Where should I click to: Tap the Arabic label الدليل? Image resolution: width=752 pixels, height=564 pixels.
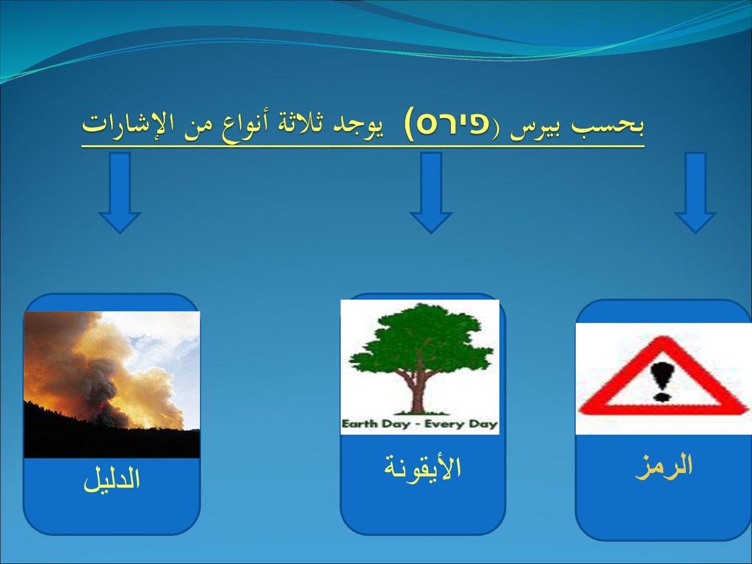coord(112,479)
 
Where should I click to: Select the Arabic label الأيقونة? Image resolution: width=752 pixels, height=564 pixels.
coord(422,468)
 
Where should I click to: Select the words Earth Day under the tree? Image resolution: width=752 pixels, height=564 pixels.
coord(375,424)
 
